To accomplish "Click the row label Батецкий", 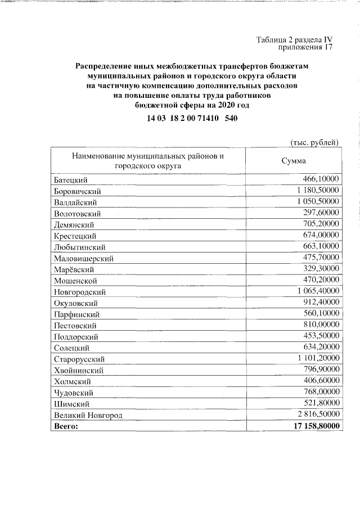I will tap(71, 180).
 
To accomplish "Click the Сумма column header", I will tap(293, 161).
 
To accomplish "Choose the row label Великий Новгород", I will tap(88, 416).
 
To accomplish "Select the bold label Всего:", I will tap(66, 426).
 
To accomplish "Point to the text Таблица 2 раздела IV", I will tap(295, 40).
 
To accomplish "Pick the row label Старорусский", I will tap(79, 359).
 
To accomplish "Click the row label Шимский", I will tap(71, 404).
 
